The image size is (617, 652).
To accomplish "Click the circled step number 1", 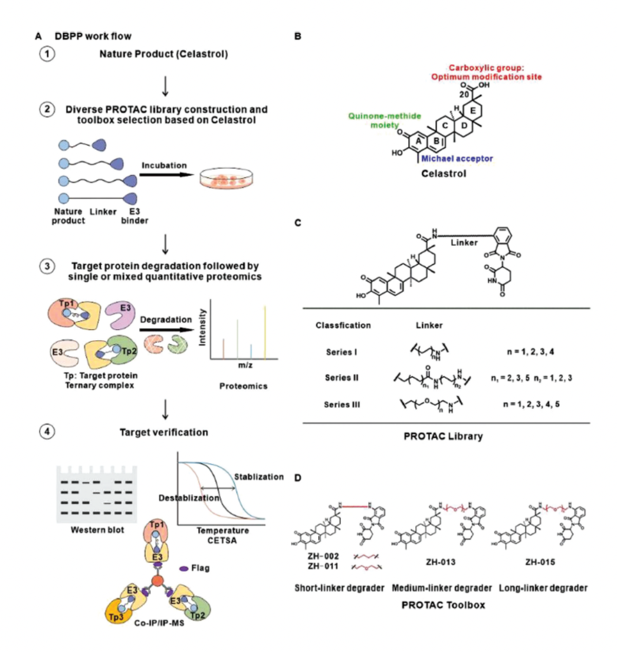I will [45, 55].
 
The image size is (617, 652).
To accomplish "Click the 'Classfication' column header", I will [343, 325].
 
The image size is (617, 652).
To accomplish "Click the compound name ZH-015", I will [538, 562].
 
